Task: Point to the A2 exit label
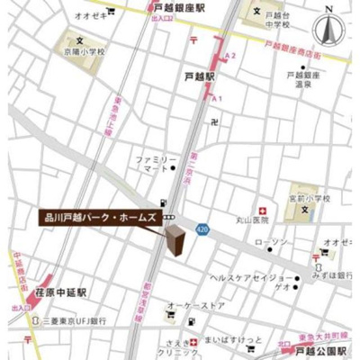pos(231,56)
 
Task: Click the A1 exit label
pos(216,97)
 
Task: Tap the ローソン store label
pos(273,243)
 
